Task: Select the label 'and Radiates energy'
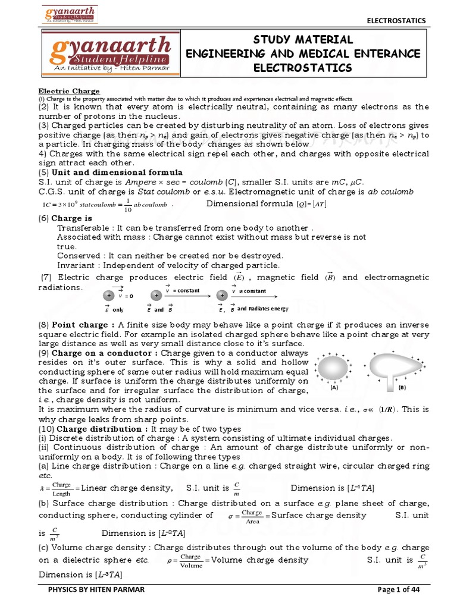click(262, 309)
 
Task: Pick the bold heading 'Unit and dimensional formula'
click(108, 172)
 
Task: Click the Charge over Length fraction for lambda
click(61, 488)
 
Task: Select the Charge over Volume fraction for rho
click(191, 560)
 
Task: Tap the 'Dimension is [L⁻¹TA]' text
click(332, 488)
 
